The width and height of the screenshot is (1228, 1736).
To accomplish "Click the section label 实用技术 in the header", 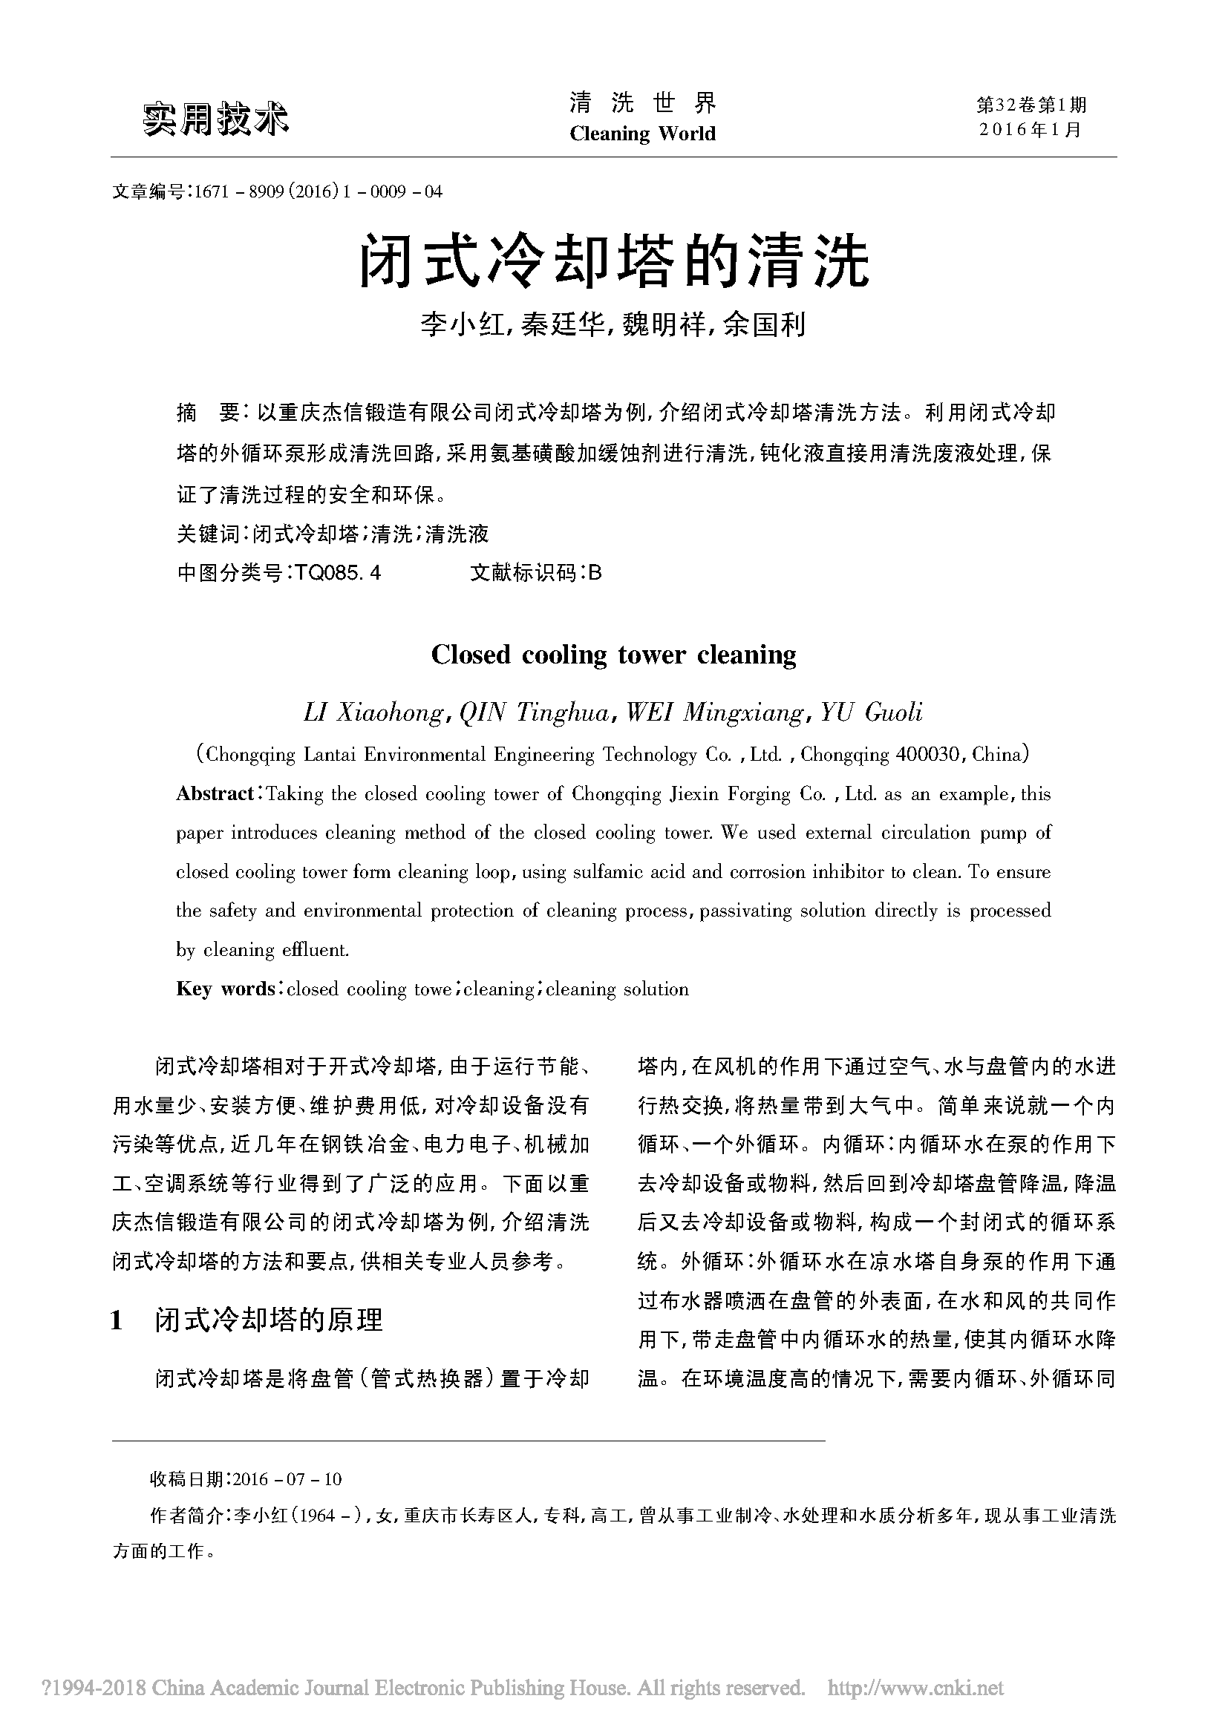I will click(215, 118).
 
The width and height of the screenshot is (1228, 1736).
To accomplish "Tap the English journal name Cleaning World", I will click(642, 134).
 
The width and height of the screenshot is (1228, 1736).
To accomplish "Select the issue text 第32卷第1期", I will click(1031, 105).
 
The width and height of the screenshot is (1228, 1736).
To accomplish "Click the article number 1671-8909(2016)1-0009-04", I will click(318, 191).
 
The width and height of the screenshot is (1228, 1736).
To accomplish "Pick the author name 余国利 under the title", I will click(764, 325).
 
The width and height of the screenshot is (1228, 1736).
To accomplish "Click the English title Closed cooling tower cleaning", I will click(613, 655).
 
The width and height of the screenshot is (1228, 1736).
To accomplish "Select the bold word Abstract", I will click(215, 794).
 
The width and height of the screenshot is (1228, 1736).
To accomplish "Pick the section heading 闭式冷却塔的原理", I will click(269, 1320).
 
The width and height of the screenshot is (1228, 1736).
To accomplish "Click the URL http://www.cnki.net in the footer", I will click(915, 1688).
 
